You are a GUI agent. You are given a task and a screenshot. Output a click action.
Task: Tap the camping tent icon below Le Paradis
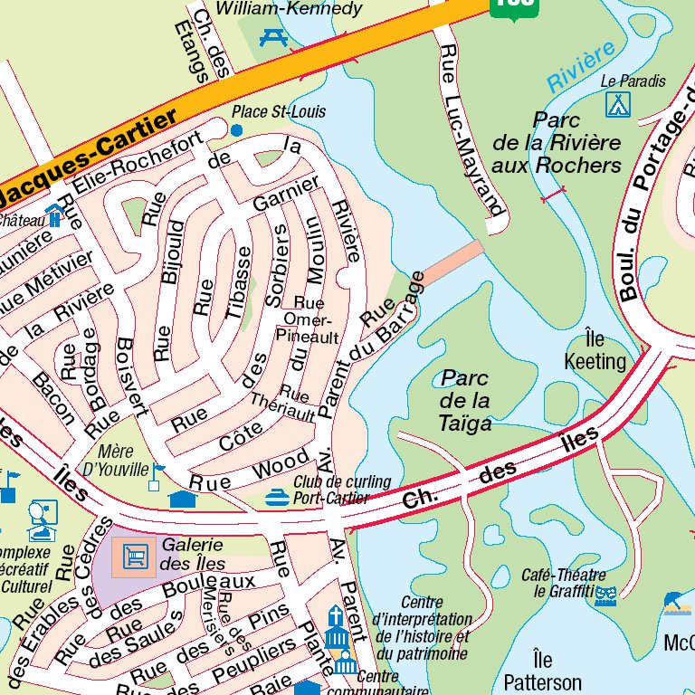[618, 104]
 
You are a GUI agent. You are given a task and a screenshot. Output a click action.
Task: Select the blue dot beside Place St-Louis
[237, 130]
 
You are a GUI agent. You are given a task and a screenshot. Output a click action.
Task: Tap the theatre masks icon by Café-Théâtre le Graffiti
[605, 594]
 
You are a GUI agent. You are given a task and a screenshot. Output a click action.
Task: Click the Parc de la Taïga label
[465, 399]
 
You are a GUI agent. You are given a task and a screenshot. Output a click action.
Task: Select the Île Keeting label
[595, 351]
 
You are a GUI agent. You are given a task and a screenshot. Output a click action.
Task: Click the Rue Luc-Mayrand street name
[469, 126]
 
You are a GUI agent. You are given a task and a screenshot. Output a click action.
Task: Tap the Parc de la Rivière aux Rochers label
[557, 142]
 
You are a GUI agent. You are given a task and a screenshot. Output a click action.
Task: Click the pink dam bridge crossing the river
[452, 261]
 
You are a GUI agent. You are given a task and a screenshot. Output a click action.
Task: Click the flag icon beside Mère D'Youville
[158, 471]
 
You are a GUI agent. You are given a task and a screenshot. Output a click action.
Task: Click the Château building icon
[54, 215]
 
